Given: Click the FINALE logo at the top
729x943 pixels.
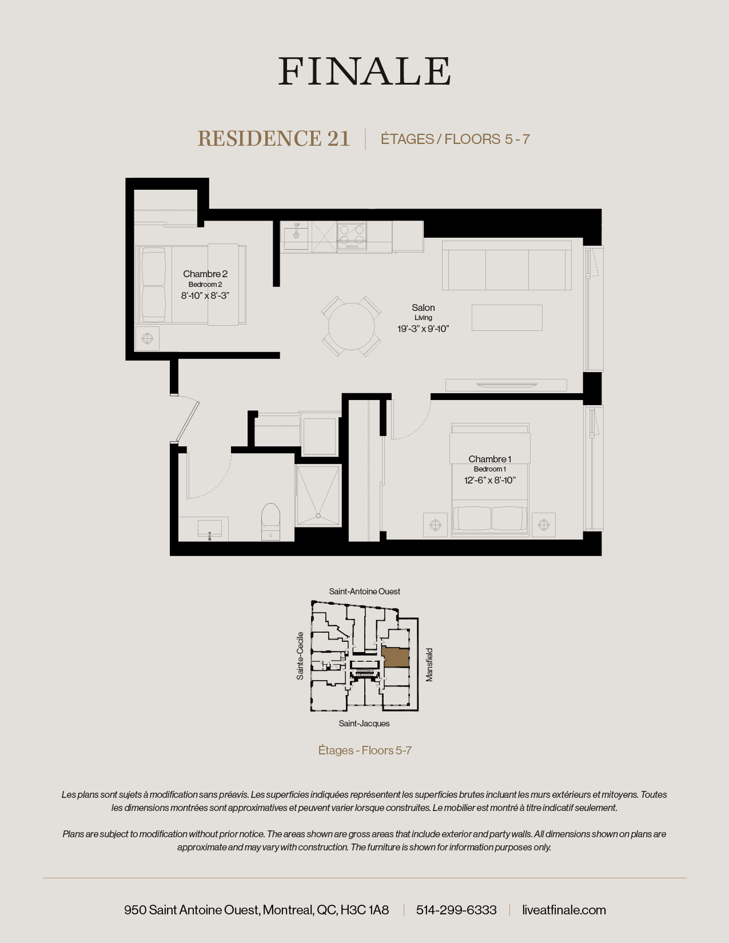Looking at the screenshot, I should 364,71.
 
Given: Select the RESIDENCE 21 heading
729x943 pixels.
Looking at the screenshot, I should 273,139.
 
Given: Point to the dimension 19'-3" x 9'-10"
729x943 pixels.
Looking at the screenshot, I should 424,329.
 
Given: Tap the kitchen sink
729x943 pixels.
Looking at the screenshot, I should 296,234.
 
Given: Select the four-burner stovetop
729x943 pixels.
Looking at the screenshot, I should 352,235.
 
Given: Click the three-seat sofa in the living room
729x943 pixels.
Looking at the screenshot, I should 507,266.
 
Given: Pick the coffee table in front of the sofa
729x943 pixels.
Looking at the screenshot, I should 507,318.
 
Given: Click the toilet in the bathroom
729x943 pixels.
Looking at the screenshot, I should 270,520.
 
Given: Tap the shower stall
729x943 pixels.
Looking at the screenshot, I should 318,495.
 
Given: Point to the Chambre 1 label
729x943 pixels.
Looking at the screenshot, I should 489,459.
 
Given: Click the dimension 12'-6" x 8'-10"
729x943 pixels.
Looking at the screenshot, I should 489,480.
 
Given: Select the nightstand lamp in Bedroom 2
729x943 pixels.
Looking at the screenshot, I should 148,339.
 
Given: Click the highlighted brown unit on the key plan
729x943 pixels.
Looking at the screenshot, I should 395,658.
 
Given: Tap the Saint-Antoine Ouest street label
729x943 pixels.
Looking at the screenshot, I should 364,592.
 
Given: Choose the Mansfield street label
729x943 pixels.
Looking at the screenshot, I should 429,664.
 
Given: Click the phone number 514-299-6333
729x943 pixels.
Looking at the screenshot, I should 456,910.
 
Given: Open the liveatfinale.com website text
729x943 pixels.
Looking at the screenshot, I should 564,910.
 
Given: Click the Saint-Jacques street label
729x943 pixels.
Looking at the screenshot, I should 364,724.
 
